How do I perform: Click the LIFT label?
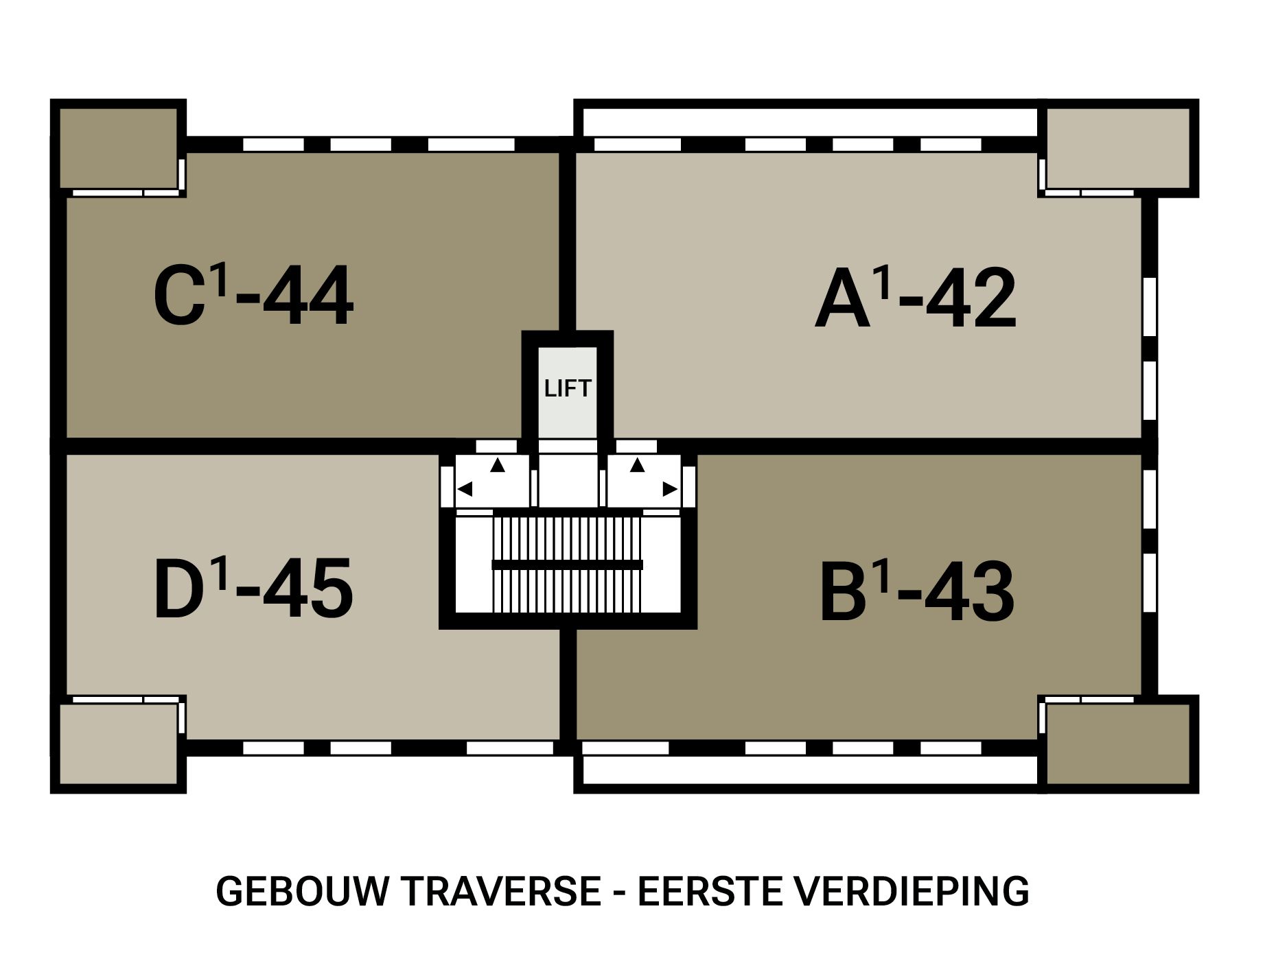coord(567,389)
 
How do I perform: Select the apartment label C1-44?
coord(253,296)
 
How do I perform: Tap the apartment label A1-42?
coord(915,299)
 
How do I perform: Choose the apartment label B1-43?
coord(917,593)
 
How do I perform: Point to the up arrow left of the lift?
coord(498,465)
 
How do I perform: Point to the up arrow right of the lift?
coord(638,465)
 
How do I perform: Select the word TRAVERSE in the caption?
coord(501,892)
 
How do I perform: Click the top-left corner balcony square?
coord(118,147)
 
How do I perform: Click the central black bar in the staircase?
coord(567,565)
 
